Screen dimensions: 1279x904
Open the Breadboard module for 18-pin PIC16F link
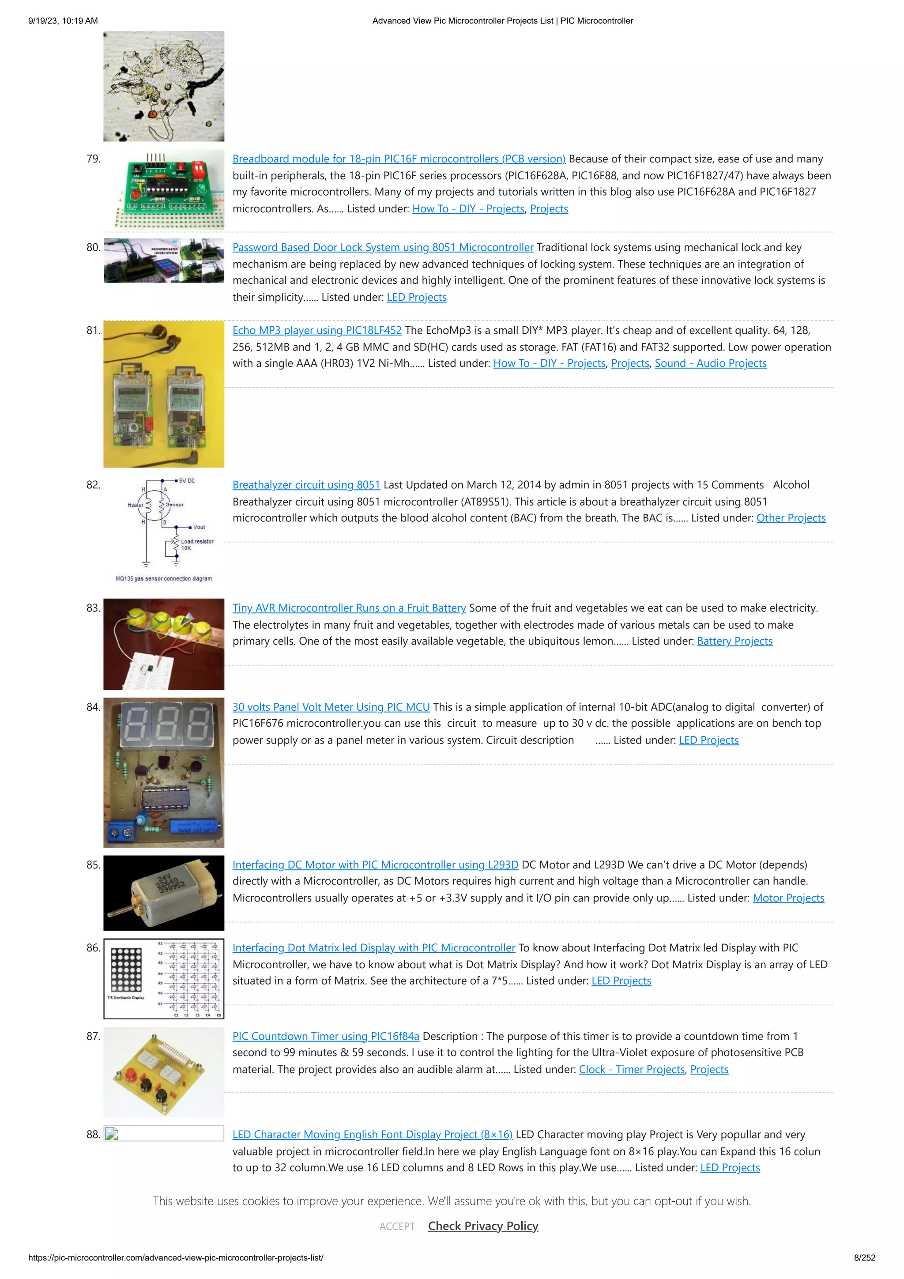click(398, 159)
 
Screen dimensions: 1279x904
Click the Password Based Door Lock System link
click(383, 248)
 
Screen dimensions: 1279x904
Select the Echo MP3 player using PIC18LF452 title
click(317, 331)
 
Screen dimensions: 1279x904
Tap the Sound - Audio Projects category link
click(710, 364)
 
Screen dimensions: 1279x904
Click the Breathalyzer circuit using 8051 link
click(306, 485)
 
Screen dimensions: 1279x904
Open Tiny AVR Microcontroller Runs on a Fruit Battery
click(349, 608)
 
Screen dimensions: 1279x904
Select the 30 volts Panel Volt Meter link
click(331, 707)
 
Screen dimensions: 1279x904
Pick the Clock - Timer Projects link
click(631, 1070)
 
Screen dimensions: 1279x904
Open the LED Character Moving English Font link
click(372, 1135)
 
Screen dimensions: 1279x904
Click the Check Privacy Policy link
click(482, 1226)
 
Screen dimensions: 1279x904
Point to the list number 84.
click(93, 707)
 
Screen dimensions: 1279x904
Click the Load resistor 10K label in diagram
click(196, 545)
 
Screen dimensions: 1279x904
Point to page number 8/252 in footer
click(864, 1258)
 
